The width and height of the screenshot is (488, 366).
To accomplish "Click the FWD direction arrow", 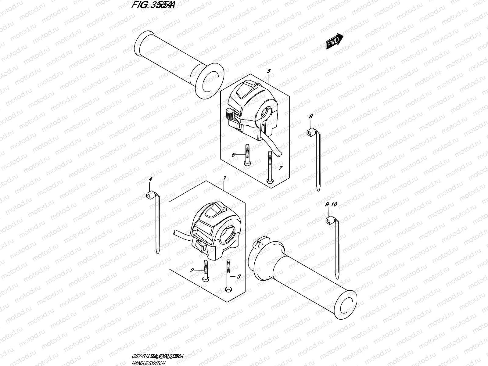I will pyautogui.click(x=335, y=41).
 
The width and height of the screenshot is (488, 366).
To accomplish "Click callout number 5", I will pyautogui.click(x=268, y=71).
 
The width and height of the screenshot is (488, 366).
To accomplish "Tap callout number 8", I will pyautogui.click(x=310, y=116).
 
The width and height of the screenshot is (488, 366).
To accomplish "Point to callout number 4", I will pyautogui.click(x=150, y=180).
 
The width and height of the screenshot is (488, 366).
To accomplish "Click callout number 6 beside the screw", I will pyautogui.click(x=233, y=155).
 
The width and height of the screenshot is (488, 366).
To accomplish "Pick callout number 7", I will pyautogui.click(x=281, y=167).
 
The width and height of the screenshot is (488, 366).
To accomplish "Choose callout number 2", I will pyautogui.click(x=192, y=270).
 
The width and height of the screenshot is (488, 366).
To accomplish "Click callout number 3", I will pyautogui.click(x=239, y=277).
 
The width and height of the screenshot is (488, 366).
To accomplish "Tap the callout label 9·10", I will pyautogui.click(x=331, y=204).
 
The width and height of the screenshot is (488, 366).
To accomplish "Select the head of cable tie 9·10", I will pyautogui.click(x=330, y=219).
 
